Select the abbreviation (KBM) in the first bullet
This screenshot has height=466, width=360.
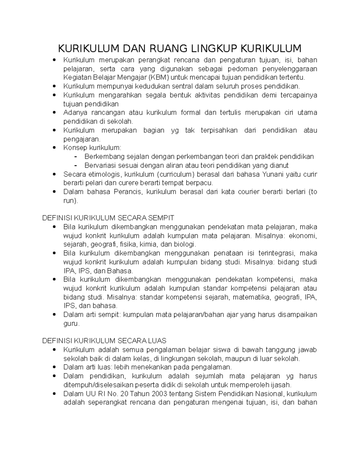coord(161,77)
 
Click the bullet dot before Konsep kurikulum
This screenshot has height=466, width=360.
coord(54,148)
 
